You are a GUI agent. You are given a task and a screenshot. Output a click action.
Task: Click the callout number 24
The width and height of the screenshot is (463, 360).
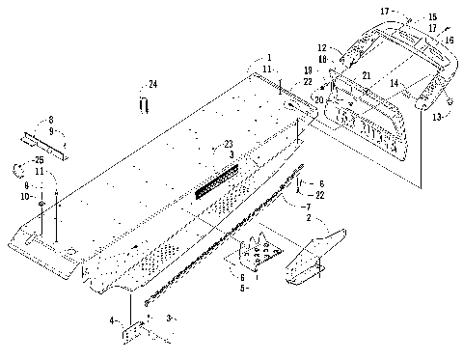click(152, 86)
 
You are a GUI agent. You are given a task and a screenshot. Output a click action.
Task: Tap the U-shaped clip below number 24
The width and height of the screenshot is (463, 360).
click(144, 102)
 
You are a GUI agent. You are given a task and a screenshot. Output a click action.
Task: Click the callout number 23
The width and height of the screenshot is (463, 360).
click(229, 144)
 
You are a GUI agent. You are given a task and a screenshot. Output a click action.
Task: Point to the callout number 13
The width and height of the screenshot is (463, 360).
click(440, 117)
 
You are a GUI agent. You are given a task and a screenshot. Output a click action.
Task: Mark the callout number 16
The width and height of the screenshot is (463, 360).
click(447, 40)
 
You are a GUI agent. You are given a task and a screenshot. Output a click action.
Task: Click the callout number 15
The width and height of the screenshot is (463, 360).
click(432, 17)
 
